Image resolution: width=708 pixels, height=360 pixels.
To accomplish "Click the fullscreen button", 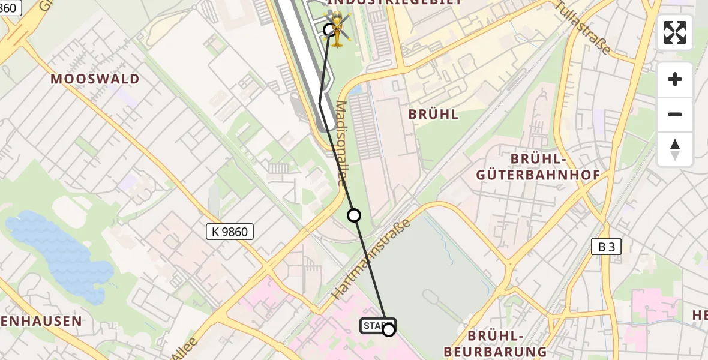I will pyautogui.click(x=675, y=32).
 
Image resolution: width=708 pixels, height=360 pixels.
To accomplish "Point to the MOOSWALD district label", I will pyautogui.click(x=95, y=79).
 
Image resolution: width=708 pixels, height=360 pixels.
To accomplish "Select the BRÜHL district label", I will pyautogui.click(x=433, y=114).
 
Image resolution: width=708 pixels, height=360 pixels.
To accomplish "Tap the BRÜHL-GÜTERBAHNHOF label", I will pyautogui.click(x=538, y=167).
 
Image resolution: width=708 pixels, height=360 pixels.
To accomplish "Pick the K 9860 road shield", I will pyautogui.click(x=230, y=232).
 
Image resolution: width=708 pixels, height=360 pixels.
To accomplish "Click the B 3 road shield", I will pyautogui.click(x=606, y=247).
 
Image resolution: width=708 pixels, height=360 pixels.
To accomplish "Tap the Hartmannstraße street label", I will pyautogui.click(x=371, y=259).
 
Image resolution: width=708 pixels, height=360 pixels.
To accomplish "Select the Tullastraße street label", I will pyautogui.click(x=583, y=27).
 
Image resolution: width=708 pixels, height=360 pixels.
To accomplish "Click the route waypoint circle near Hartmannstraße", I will pyautogui.click(x=354, y=215).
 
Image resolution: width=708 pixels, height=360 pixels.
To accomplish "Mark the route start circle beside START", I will pyautogui.click(x=389, y=329).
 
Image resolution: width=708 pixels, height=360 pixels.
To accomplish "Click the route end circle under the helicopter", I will pyautogui.click(x=329, y=29).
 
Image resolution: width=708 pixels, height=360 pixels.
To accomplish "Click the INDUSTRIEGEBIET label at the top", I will pyautogui.click(x=395, y=2).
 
